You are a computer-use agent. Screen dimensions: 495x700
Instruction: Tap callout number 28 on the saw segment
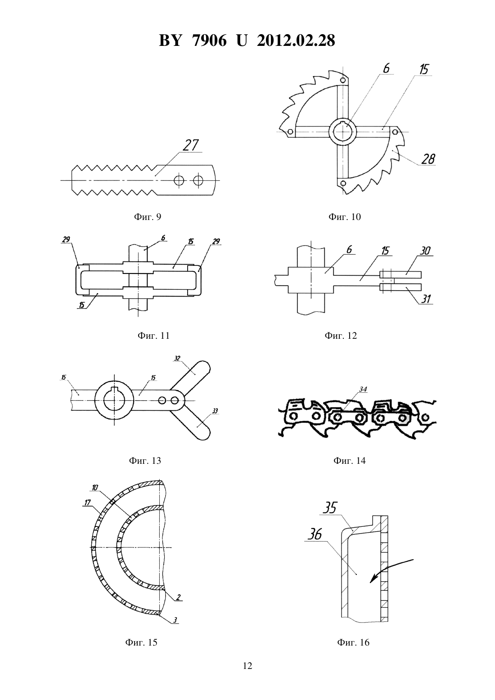click(428, 159)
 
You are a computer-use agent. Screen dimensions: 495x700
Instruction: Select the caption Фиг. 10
click(344, 216)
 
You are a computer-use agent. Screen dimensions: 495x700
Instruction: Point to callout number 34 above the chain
click(363, 389)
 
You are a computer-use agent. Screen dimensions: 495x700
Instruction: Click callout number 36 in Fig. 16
click(314, 534)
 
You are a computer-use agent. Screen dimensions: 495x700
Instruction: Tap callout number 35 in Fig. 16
click(329, 508)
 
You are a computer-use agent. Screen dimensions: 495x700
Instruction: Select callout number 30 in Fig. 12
click(425, 251)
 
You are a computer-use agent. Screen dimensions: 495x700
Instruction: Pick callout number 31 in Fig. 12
click(427, 299)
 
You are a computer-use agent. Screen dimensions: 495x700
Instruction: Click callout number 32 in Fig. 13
click(177, 359)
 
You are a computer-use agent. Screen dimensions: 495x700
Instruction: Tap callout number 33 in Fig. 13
click(215, 411)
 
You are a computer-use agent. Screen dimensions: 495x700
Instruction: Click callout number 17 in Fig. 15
click(87, 503)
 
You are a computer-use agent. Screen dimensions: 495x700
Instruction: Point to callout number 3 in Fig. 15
click(175, 619)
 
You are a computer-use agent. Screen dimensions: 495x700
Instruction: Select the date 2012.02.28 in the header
click(296, 40)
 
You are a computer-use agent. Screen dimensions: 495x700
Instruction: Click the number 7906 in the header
click(209, 40)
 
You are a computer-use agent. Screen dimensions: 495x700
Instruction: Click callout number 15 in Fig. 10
click(423, 69)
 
